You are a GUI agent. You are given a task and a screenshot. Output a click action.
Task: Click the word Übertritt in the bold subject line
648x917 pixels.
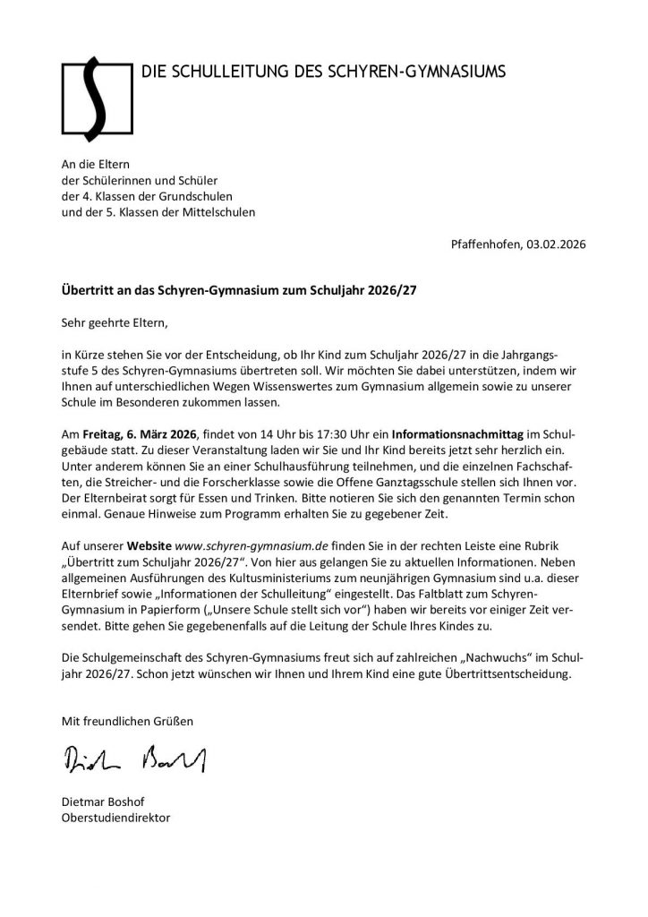[x=87, y=291]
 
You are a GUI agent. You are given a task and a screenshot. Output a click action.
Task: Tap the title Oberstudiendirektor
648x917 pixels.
[x=115, y=818]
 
